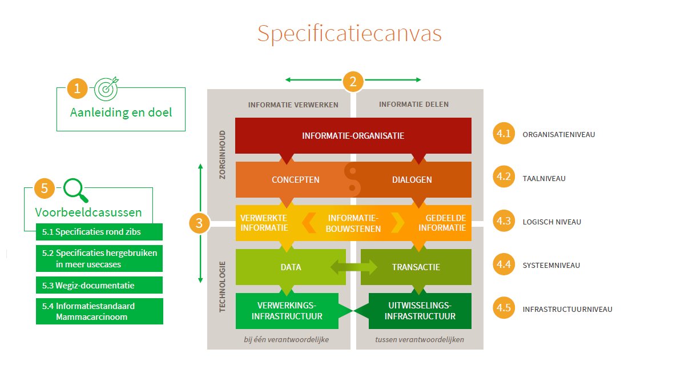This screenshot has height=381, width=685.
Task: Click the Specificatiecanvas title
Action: pos(349,33)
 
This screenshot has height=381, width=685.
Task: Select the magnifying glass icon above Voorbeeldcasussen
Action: pos(76,190)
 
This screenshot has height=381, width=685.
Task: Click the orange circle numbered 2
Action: pos(353,81)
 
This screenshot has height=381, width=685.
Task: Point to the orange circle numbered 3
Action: pos(199,223)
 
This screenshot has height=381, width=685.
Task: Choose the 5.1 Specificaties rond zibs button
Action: pos(99,232)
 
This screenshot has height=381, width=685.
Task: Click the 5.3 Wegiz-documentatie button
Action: pos(99,285)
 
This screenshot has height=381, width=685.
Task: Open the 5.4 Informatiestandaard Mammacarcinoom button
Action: pos(99,311)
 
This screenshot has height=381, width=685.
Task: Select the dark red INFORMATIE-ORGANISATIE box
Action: pos(353,135)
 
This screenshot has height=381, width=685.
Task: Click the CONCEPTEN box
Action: pos(295,179)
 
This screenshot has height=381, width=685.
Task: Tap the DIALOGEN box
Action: pos(412,179)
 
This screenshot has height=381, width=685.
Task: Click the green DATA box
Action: pos(291,267)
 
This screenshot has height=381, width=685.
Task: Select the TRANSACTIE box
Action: pos(416,267)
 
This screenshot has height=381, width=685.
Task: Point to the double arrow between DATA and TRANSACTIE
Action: pos(353,267)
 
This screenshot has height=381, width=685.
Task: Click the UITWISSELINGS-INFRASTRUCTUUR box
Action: pos(420,311)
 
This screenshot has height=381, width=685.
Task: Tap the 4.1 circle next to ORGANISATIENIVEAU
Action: pos(503,135)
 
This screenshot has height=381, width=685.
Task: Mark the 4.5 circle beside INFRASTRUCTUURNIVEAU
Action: pos(503,309)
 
